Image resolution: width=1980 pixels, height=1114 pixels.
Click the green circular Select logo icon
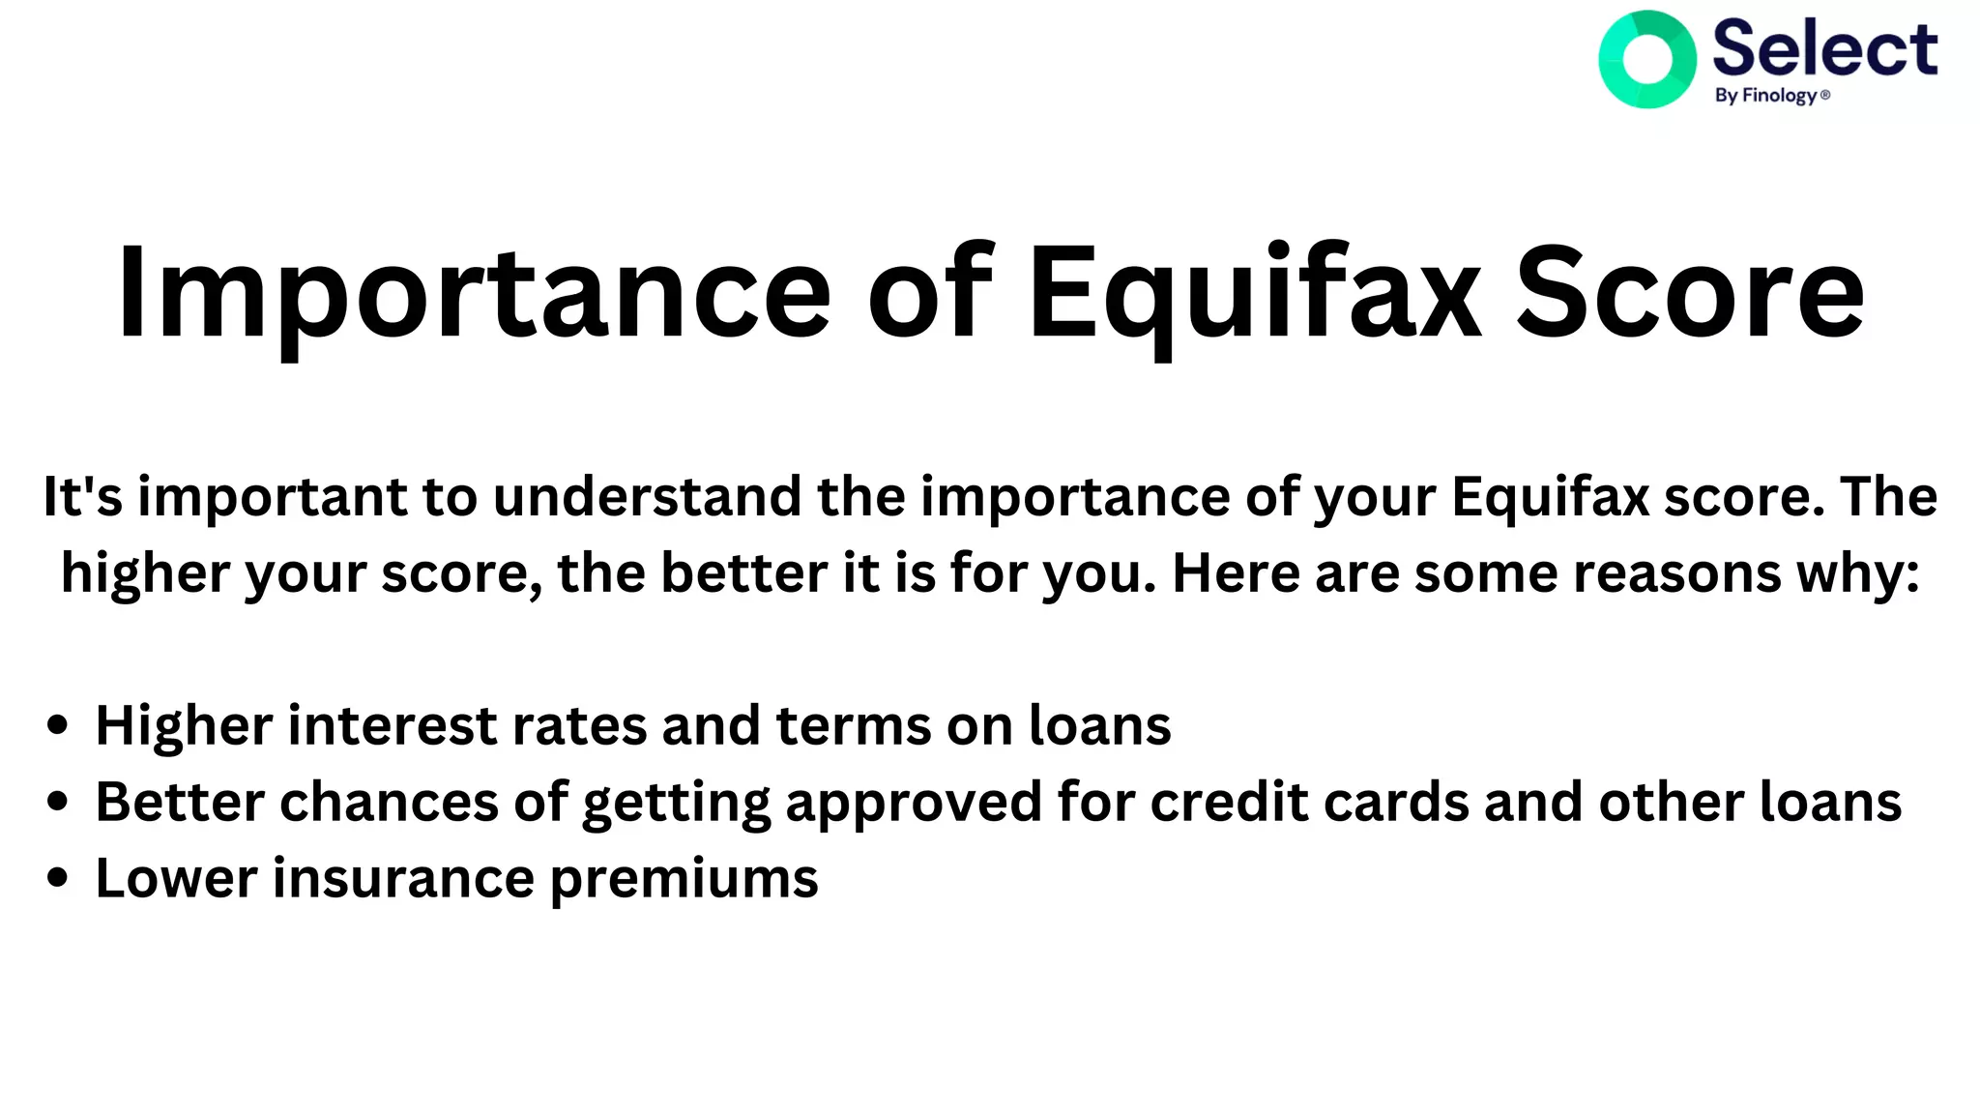1646,59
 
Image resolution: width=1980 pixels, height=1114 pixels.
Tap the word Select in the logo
1824,48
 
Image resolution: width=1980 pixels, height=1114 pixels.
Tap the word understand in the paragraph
647,497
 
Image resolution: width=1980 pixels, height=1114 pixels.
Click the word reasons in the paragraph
1676,573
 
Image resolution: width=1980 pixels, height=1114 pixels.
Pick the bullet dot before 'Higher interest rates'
58,725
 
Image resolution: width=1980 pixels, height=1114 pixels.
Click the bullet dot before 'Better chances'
58,802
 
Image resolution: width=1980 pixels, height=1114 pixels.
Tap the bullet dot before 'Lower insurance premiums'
58,878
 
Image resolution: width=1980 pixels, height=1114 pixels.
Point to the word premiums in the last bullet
684,880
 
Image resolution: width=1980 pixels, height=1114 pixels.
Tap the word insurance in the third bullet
403,878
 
